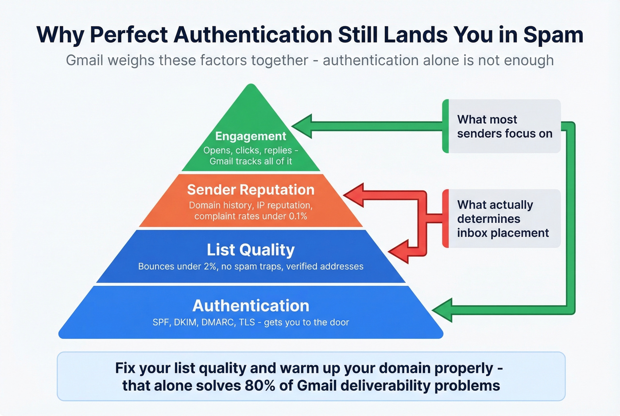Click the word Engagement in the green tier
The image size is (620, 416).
click(x=251, y=136)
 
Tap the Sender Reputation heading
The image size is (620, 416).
click(x=251, y=190)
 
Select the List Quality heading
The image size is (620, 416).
click(x=251, y=250)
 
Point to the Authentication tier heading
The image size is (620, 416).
click(x=251, y=306)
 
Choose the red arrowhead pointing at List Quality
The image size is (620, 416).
click(x=399, y=252)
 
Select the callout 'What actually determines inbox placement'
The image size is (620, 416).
click(x=503, y=218)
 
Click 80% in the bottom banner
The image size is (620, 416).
click(x=260, y=385)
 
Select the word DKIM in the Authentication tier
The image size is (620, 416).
click(x=186, y=323)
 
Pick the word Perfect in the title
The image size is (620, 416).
click(x=129, y=35)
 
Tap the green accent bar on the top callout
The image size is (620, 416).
click(x=446, y=126)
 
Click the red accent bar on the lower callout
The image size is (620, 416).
click(x=446, y=218)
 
